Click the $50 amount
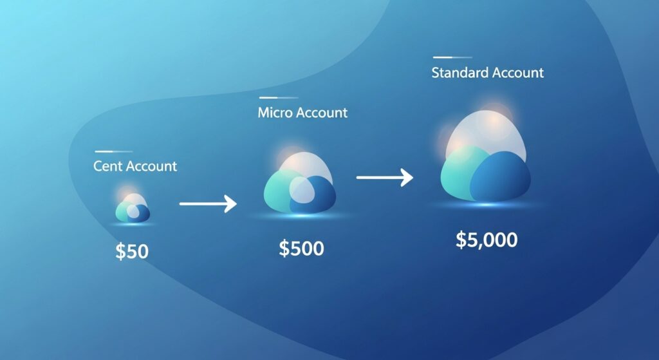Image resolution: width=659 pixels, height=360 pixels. point(132,251)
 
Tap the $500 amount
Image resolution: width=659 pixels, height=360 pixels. point(301,248)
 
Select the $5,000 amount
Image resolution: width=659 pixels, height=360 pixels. point(486,240)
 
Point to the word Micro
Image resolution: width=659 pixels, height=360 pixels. point(275,113)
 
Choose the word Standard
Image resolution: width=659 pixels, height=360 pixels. point(459,73)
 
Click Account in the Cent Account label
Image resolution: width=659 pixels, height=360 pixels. point(151,166)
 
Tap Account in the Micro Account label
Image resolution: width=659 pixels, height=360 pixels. point(322,113)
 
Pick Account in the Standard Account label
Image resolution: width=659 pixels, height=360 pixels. point(517,73)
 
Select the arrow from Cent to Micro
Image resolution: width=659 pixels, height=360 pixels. point(208,205)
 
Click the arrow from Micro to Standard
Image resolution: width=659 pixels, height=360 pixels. point(384,177)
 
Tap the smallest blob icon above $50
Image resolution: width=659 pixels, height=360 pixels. point(133,208)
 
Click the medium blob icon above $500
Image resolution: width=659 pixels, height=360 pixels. point(300,185)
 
